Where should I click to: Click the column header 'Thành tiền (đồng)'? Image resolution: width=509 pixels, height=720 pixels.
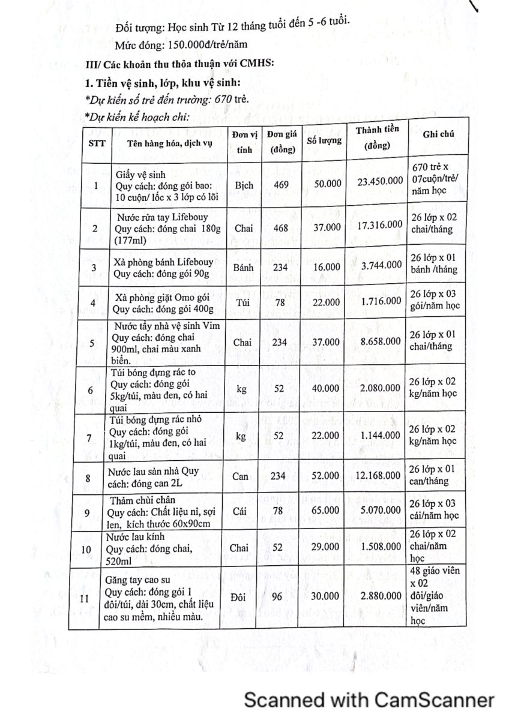pyautogui.click(x=378, y=138)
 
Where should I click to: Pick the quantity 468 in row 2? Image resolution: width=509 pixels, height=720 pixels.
pyautogui.click(x=280, y=228)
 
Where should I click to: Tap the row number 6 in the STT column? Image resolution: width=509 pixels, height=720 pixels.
pyautogui.click(x=90, y=391)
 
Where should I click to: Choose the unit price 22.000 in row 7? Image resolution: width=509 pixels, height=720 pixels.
pyautogui.click(x=324, y=436)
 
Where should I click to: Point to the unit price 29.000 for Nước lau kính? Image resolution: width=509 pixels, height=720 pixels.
pyautogui.click(x=324, y=547)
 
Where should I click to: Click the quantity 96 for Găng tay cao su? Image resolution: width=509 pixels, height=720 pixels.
pyautogui.click(x=279, y=596)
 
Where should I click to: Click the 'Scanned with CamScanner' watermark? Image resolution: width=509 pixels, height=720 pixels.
pyautogui.click(x=369, y=700)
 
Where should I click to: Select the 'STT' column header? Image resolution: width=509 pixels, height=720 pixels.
pyautogui.click(x=96, y=143)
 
